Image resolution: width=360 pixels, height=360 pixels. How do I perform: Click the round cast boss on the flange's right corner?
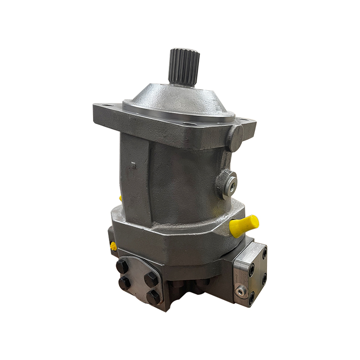(235, 137)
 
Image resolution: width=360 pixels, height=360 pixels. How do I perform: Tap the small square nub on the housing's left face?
(133, 165)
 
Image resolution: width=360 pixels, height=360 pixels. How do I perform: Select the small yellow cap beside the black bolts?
(114, 246)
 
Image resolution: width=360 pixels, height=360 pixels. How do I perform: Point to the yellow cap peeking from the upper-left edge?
(120, 198)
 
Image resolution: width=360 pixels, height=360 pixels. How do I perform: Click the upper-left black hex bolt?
(122, 266)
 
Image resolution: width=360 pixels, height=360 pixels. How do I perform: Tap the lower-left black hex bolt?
(124, 283)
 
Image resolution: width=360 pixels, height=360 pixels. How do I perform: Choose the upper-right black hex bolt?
(151, 279)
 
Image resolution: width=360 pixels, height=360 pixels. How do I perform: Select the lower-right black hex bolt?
(154, 298)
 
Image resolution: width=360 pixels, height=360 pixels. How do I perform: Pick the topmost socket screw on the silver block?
(264, 251)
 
